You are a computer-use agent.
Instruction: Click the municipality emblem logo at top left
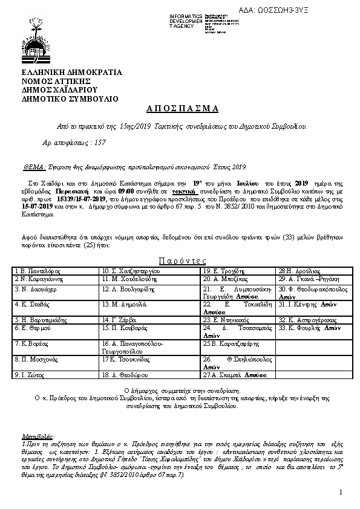coord(34,39)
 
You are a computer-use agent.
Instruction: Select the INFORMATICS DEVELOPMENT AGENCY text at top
coord(186,21)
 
